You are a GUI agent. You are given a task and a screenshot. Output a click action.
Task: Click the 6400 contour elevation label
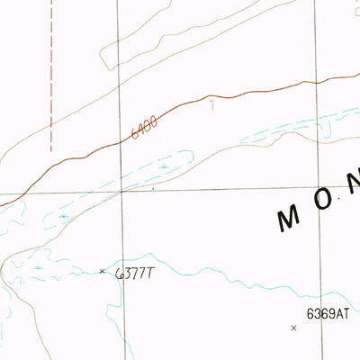point(144,127)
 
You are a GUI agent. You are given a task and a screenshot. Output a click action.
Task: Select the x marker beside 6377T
point(102,271)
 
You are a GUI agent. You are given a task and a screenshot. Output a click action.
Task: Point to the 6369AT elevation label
point(327,314)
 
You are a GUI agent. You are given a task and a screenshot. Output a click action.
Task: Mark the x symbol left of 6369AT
point(293,328)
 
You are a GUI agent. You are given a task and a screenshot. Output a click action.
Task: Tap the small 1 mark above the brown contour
point(212,105)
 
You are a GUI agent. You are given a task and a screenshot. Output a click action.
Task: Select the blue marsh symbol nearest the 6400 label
point(164,166)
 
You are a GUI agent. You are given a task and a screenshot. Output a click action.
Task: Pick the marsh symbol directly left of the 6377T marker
point(38,266)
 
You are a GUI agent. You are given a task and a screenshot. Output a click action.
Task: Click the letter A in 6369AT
point(337,314)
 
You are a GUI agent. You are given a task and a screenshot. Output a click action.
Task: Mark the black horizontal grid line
point(225,189)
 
